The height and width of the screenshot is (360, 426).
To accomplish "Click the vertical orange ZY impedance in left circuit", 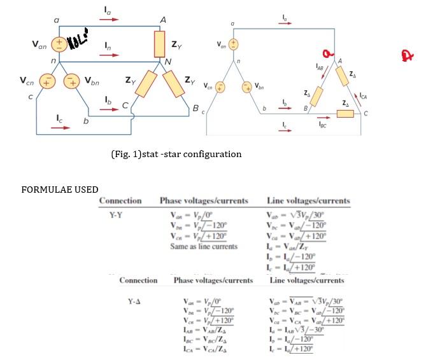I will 160,43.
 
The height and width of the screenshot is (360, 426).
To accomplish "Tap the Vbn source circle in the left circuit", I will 73,82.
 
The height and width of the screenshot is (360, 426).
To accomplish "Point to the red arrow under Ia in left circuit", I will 110,19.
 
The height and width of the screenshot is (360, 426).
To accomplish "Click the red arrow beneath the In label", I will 110,55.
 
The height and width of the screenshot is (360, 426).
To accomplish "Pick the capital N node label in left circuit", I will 167,62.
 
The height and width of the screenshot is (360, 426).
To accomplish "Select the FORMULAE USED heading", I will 60,190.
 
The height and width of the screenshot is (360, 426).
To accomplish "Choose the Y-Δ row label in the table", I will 131,300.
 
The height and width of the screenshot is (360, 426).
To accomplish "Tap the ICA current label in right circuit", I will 363,97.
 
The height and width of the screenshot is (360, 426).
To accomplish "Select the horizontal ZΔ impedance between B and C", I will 345,113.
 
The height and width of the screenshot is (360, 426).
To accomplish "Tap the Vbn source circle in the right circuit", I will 247,86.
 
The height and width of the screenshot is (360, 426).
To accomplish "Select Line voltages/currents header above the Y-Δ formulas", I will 307,280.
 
